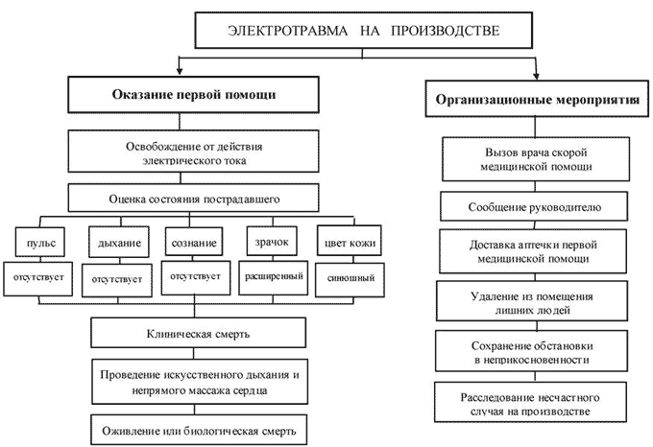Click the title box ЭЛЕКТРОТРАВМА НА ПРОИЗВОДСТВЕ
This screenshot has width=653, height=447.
tap(362, 32)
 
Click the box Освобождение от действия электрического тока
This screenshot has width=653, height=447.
tap(193, 153)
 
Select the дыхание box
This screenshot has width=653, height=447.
tap(119, 242)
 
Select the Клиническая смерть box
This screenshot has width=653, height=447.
tap(193, 334)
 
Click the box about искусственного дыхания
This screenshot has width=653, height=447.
tap(193, 382)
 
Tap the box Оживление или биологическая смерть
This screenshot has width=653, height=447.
tap(193, 426)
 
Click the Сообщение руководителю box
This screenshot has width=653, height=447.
tap(536, 206)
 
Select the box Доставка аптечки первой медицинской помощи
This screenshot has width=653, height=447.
tap(536, 251)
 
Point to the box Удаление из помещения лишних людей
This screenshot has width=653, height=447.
tap(536, 303)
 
